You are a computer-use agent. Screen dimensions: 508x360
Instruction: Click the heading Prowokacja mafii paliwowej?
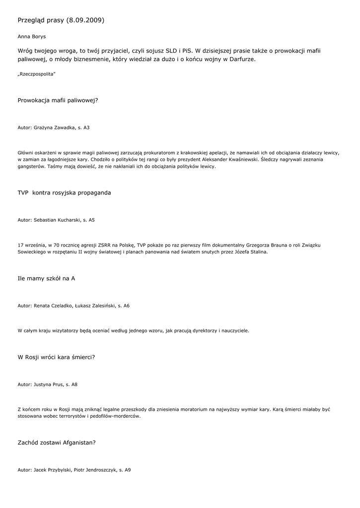[x=58, y=100]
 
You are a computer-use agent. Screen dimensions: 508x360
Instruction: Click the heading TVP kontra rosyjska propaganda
[x=64, y=192]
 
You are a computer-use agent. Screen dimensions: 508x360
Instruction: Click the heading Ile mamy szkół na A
[x=46, y=278]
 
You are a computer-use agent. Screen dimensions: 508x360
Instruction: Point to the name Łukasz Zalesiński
[x=95, y=306]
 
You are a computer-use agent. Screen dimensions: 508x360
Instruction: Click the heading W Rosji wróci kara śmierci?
[x=56, y=357]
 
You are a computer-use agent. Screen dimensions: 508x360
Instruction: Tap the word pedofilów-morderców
[x=116, y=417]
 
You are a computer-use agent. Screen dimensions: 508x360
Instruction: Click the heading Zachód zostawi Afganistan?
[x=57, y=443]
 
